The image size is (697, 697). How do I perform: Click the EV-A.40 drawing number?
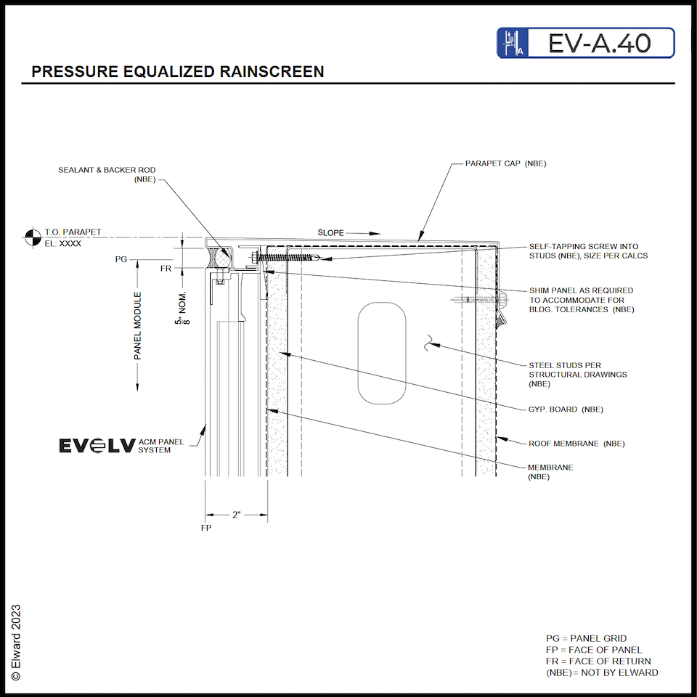pos(599,43)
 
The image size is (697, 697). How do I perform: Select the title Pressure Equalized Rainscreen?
pos(178,72)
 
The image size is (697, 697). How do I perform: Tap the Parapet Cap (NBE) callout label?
pos(505,163)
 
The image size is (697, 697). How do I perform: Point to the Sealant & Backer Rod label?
pos(107,174)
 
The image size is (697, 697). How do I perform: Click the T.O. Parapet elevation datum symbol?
pos(32,237)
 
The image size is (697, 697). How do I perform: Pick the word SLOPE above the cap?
pos(331,233)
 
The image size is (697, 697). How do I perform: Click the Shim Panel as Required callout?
pos(581,300)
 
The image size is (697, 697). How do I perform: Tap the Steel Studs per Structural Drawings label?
pos(577,375)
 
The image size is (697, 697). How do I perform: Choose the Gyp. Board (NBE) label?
pos(565,409)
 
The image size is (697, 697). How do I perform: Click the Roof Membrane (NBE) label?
pos(576,443)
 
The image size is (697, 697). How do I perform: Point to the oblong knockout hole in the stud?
pos(381,352)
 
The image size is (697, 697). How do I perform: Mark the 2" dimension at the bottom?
pos(236,515)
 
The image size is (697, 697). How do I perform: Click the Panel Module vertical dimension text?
pos(137,325)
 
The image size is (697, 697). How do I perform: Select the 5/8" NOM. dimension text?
pos(182,309)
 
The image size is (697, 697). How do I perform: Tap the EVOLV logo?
pos(96,446)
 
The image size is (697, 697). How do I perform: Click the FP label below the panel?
pos(205,528)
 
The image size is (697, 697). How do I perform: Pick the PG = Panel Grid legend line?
pos(586,638)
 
